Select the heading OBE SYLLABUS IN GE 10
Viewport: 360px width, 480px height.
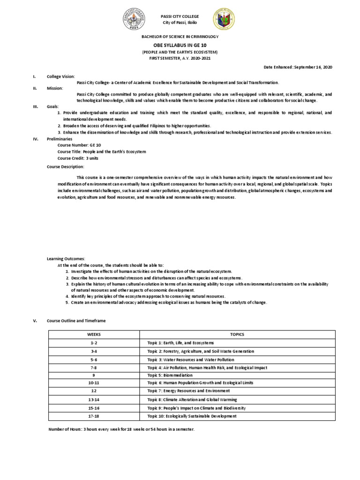(x=180, y=45)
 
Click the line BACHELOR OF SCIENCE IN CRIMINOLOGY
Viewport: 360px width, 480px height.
(x=180, y=36)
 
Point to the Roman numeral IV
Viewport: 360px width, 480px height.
(x=34, y=139)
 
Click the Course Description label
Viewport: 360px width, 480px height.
(x=66, y=166)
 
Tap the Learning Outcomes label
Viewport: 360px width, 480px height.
(x=66, y=259)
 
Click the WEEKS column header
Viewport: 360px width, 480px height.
(x=94, y=334)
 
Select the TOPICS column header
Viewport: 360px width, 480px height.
(x=237, y=334)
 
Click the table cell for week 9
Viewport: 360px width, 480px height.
(x=94, y=375)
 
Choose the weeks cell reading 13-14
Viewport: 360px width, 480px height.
(x=94, y=399)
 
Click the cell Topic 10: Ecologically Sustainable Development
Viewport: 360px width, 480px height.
(x=194, y=416)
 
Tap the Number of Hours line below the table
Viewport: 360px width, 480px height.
(x=121, y=429)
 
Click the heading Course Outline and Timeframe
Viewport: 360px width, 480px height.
(x=76, y=320)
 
